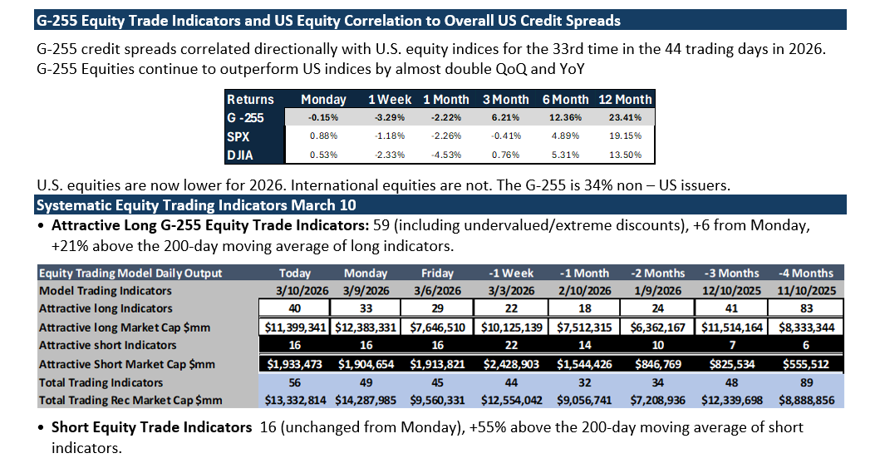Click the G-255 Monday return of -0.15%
click(x=323, y=117)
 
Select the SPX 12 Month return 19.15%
click(x=625, y=136)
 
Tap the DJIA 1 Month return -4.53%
click(x=446, y=155)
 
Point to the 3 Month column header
click(x=506, y=100)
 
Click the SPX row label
click(x=238, y=136)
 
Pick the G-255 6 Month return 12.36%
click(x=565, y=117)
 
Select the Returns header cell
click(x=250, y=100)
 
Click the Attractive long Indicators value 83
click(x=807, y=308)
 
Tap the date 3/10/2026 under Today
click(x=295, y=291)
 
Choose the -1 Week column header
click(x=511, y=273)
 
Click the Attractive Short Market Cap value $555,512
click(x=806, y=364)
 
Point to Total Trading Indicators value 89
click(x=807, y=382)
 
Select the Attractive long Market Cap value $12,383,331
click(x=366, y=328)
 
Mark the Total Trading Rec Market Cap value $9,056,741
click(x=584, y=401)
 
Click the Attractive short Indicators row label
click(x=108, y=345)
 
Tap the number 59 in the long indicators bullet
click(x=381, y=225)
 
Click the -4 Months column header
click(x=806, y=273)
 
